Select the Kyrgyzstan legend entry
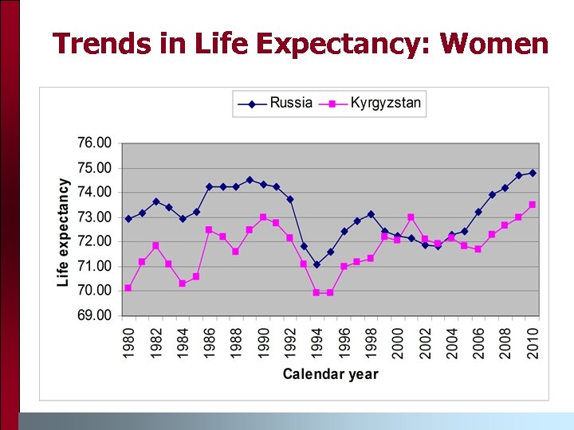pos(386,104)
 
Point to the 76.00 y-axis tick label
pos(93,143)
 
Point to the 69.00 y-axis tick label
pos(93,315)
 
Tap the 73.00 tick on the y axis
pos(93,217)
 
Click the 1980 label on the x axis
pos(128,342)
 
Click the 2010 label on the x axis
pos(533,342)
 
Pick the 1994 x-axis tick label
pos(317,342)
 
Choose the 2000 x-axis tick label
pos(398,342)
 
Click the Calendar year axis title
pos(330,374)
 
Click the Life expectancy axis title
pos(63,232)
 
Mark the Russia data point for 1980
pos(128,218)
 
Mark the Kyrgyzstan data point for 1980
pos(128,288)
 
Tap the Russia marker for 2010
pos(533,173)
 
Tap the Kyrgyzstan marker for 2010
pos(533,205)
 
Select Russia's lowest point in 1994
pos(316,264)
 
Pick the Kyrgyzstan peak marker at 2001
pos(411,217)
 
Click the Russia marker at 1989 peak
pos(250,180)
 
